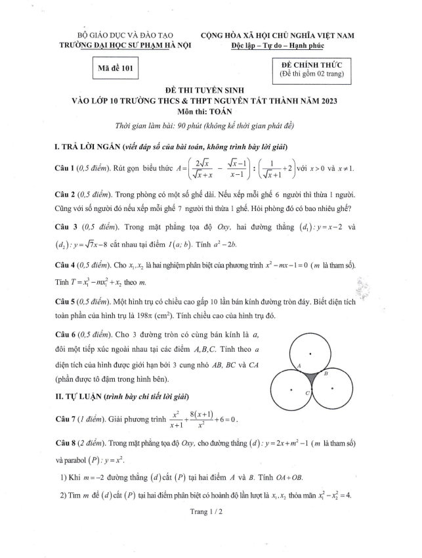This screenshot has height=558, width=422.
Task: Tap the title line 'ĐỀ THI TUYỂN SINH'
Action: point(211,89)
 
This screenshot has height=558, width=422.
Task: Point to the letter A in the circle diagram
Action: point(299,365)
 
